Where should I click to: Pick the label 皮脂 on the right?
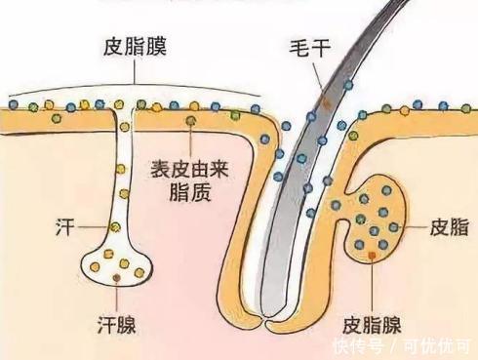point(448,227)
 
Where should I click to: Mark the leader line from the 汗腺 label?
point(117,294)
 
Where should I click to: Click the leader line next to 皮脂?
point(414,227)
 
